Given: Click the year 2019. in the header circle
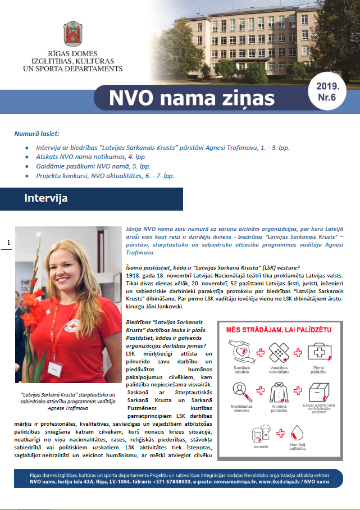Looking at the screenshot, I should point(327,86).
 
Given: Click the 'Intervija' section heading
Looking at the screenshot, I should point(46,198).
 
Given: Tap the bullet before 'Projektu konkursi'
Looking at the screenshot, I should point(28,176).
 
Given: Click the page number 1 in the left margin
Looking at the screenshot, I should point(8,243).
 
